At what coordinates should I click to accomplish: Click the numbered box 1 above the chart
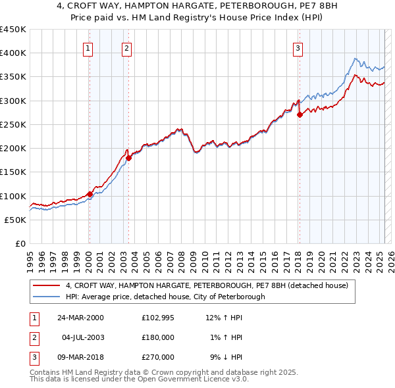point(88,47)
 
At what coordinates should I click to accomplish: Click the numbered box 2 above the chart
point(126,47)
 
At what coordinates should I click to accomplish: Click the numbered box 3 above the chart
point(298,47)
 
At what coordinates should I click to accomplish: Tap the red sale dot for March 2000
point(90,194)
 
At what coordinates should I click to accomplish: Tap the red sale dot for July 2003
point(129,158)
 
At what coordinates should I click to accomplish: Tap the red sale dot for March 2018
point(300,114)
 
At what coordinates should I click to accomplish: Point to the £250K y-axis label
point(13,124)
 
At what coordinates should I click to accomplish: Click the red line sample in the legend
point(46,285)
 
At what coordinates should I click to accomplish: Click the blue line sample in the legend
point(46,297)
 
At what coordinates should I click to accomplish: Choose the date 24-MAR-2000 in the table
point(80,318)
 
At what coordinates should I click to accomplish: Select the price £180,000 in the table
point(158,337)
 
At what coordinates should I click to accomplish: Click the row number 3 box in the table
point(34,357)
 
